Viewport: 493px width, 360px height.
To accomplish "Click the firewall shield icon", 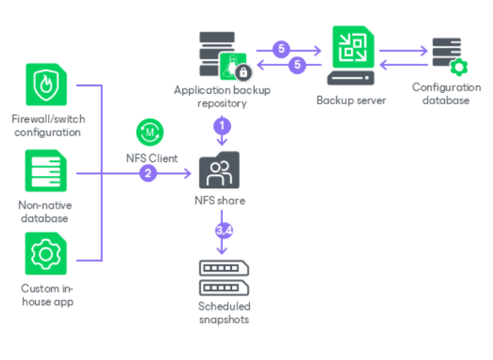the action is [x=47, y=85].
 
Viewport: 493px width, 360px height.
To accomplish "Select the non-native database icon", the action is [x=46, y=170].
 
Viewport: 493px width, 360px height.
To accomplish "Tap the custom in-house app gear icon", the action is [x=46, y=253].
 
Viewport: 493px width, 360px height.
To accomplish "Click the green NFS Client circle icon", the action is [x=150, y=132].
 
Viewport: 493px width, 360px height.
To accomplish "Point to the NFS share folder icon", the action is [x=219, y=170].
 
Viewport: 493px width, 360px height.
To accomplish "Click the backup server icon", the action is [x=351, y=55].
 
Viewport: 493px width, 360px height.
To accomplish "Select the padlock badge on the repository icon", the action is [x=243, y=73].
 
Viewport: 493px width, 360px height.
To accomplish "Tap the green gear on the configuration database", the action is [x=458, y=67].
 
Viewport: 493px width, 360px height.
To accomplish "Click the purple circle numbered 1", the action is [x=222, y=126].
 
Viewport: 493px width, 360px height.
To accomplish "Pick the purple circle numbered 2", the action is [x=148, y=173].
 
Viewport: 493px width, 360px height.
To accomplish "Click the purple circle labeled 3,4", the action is [x=224, y=230].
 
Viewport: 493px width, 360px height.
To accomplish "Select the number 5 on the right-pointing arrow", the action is [x=281, y=49].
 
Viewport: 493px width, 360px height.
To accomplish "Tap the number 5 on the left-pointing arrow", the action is [x=297, y=65].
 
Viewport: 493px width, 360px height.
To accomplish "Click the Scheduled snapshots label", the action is [x=224, y=313].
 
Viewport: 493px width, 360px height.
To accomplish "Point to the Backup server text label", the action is [x=351, y=100].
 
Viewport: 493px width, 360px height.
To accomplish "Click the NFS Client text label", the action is [x=152, y=158].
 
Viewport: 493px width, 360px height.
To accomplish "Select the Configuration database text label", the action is [x=446, y=94].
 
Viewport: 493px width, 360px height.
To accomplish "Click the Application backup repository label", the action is [x=222, y=97].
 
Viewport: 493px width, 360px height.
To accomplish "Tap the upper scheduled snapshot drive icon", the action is [x=224, y=268].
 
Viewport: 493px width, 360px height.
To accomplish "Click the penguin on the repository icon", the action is [x=232, y=67].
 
